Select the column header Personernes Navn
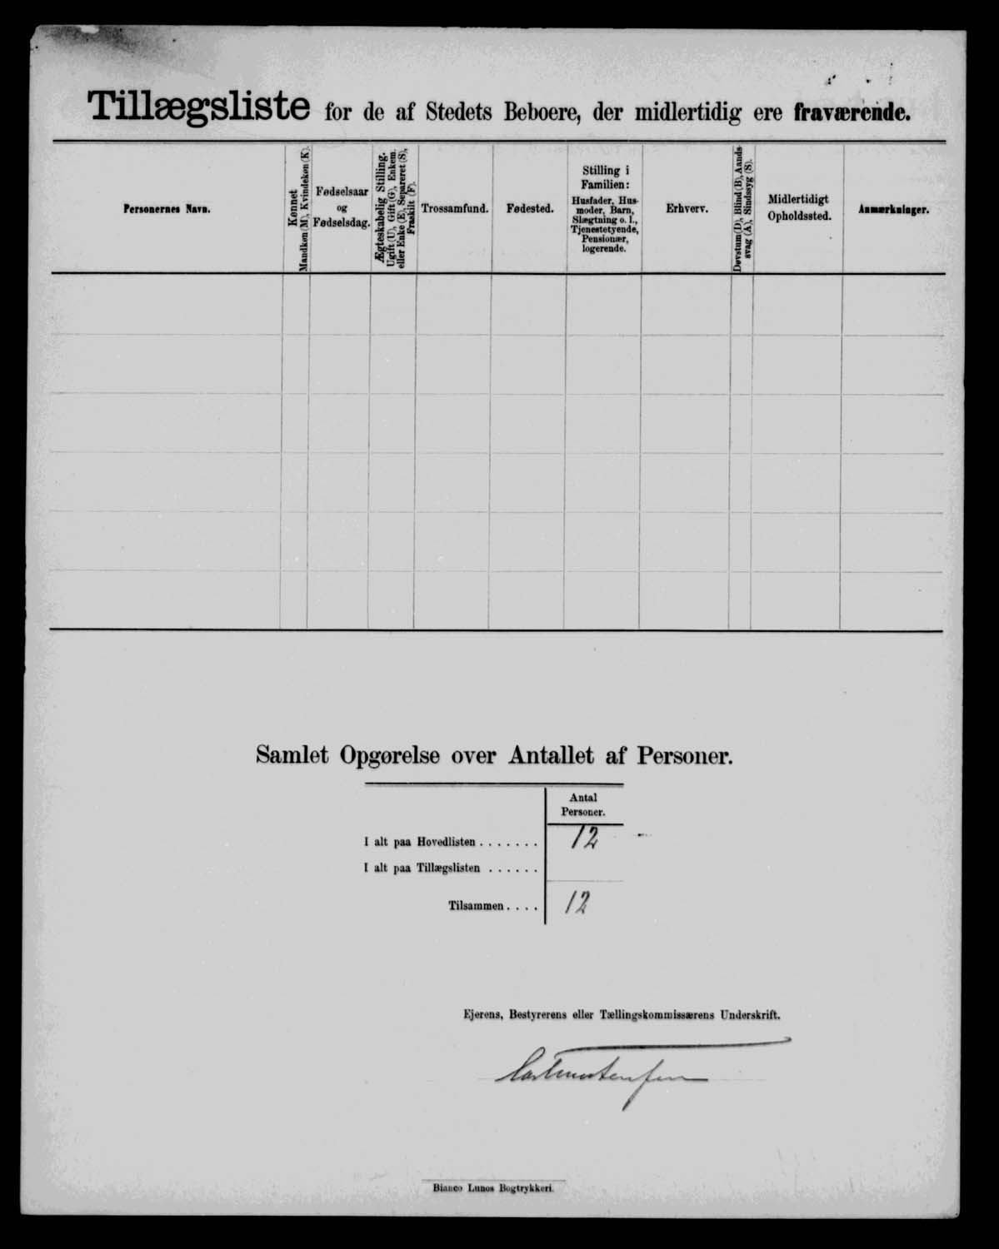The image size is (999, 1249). pyautogui.click(x=167, y=210)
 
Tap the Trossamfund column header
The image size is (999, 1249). pyautogui.click(x=455, y=209)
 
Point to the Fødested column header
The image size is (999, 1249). pyautogui.click(x=530, y=209)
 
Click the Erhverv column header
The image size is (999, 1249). pyautogui.click(x=687, y=209)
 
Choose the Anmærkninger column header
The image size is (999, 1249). pyautogui.click(x=893, y=211)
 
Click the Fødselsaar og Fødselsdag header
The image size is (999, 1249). pyautogui.click(x=342, y=207)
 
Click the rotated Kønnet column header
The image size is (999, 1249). pyautogui.click(x=295, y=208)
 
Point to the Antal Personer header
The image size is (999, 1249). pyautogui.click(x=582, y=804)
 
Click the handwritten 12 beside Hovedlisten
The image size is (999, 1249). pyautogui.click(x=584, y=839)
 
